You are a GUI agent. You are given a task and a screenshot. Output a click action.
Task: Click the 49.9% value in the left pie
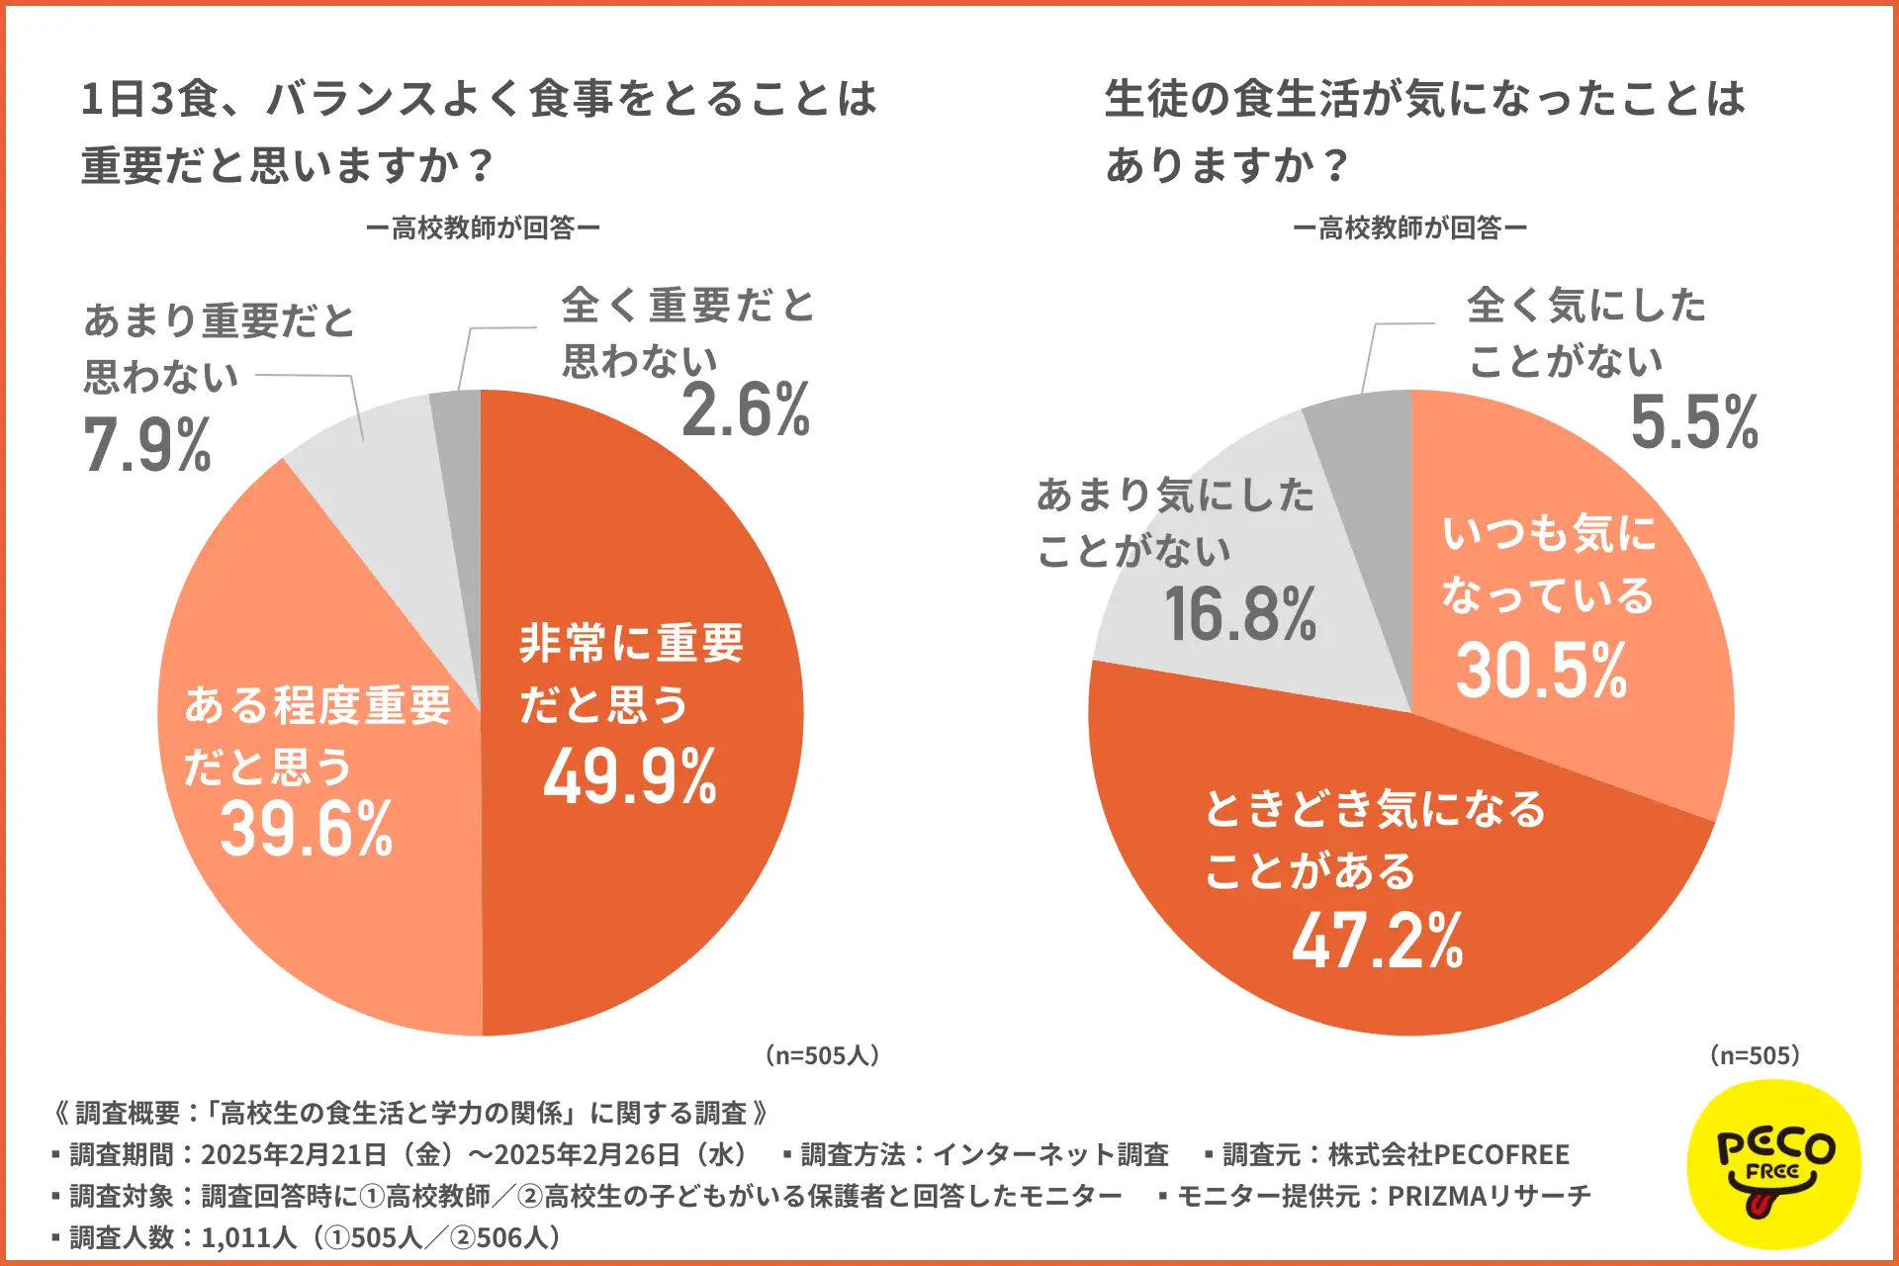[x=630, y=777]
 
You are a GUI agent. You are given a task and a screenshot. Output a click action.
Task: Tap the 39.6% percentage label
[x=307, y=829]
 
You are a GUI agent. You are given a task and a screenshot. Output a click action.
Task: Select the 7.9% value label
[x=147, y=444]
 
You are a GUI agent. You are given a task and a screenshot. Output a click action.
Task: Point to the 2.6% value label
[x=746, y=409]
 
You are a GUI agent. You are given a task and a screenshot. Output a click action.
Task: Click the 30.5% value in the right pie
[x=1541, y=671]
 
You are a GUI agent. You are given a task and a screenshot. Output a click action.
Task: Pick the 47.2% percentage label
[x=1378, y=940]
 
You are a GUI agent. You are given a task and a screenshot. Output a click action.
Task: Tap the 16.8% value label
[x=1240, y=614]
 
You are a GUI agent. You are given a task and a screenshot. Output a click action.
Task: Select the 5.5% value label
[x=1694, y=422]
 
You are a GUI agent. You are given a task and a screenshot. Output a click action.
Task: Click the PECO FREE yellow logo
[x=1774, y=1164]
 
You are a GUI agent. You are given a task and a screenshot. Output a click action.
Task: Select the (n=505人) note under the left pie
[x=822, y=1055]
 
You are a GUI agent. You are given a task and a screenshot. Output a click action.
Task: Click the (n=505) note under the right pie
[x=1756, y=1055]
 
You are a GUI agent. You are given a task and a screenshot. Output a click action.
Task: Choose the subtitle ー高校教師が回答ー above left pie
[x=483, y=228]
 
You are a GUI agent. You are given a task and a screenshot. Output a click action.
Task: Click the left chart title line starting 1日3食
[x=479, y=99]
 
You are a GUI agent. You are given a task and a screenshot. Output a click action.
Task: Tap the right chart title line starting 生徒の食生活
[x=1424, y=99]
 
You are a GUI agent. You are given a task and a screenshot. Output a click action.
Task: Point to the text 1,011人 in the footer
[x=248, y=1237]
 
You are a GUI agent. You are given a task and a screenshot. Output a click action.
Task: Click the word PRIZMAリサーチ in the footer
[x=1489, y=1196]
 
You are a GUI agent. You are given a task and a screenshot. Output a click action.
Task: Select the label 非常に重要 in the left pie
[x=631, y=643]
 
